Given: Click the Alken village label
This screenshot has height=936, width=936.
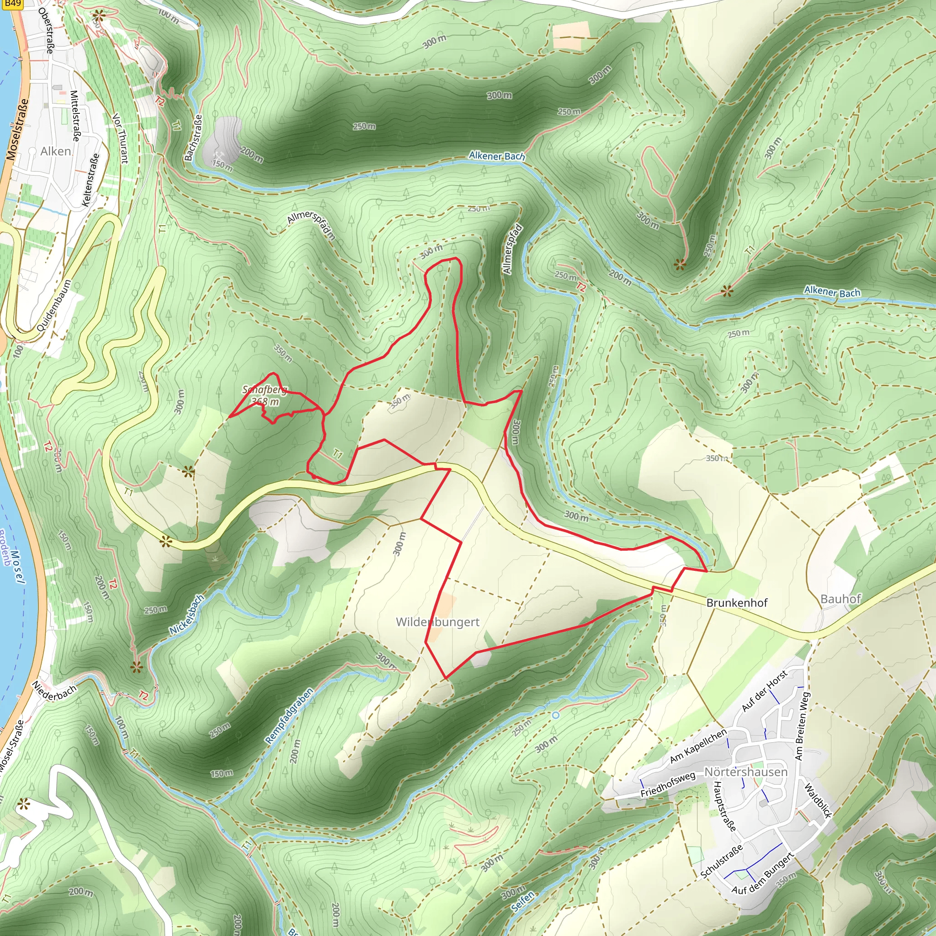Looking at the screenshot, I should [55, 151].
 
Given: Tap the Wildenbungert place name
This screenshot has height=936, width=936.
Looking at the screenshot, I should [437, 622].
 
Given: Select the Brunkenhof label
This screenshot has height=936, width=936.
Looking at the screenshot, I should [737, 603].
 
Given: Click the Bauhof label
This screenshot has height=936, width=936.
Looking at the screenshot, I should [840, 599].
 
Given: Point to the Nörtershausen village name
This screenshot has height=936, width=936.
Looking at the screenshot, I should [745, 771].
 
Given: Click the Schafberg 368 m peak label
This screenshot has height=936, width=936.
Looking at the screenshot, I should [265, 395].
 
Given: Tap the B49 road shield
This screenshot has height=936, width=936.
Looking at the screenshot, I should [13, 4].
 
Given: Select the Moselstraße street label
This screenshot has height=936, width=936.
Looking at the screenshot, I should [17, 129].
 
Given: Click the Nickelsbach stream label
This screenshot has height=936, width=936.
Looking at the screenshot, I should [187, 615].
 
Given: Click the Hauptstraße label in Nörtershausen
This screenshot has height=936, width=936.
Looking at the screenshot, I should [725, 806].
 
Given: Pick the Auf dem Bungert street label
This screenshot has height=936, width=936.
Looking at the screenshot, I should [763, 872].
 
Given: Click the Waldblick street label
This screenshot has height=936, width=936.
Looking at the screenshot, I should [818, 801].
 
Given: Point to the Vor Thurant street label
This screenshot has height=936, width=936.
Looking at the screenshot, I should [121, 138].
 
